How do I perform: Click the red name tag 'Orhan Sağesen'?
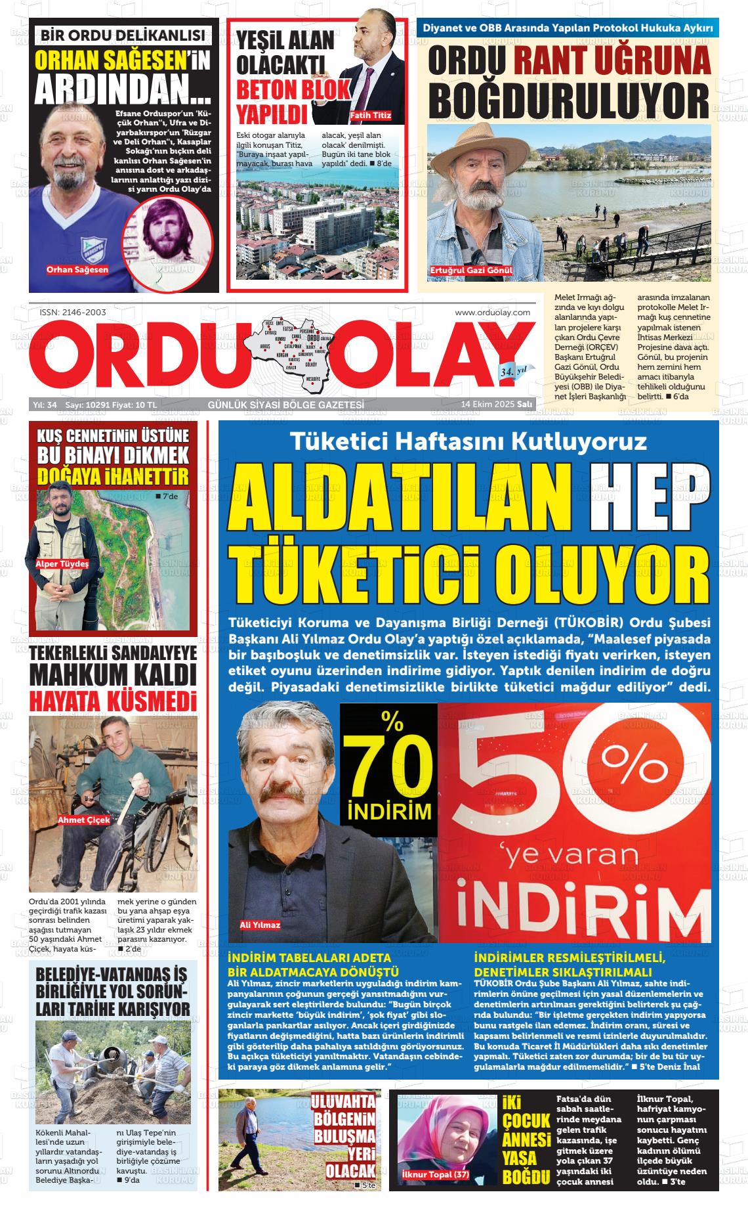pos(77,269)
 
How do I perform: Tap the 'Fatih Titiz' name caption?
pos(371,116)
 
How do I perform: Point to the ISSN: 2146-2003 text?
pos(68,313)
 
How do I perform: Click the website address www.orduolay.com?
pos(492,313)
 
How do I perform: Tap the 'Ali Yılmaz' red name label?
pos(260,925)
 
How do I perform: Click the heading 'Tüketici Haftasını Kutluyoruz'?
pos(468,441)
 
